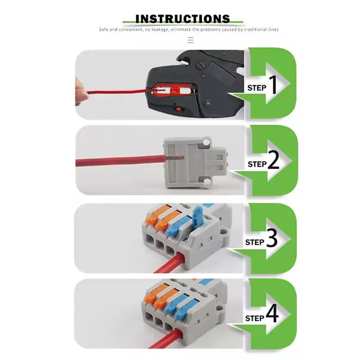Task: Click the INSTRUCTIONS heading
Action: (x=182, y=18)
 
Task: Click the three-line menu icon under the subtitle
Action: (x=190, y=40)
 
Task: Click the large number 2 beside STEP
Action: (x=273, y=162)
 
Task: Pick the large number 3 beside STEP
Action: (x=272, y=239)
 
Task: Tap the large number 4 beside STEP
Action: (x=272, y=316)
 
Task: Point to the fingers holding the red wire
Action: (x=81, y=92)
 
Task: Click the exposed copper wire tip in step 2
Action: (x=176, y=157)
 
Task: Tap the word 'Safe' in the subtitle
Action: (x=103, y=30)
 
